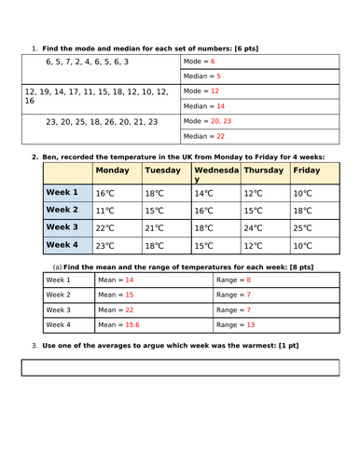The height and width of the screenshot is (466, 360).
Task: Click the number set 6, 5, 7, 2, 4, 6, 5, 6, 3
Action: coord(89,62)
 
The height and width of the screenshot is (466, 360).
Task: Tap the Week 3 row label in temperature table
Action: coord(62,226)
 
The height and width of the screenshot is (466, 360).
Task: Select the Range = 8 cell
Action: coord(270,280)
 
